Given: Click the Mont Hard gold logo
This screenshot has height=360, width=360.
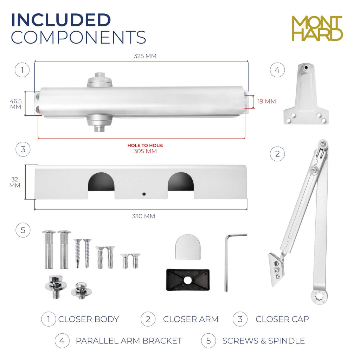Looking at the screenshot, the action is click(317, 28).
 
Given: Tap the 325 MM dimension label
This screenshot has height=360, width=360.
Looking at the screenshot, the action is click(145, 56).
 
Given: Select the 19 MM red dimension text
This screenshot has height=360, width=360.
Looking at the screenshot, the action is click(266, 101).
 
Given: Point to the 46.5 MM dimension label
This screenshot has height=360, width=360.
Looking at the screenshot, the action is click(15, 104).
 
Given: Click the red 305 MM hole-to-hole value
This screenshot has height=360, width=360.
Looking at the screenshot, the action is click(145, 151).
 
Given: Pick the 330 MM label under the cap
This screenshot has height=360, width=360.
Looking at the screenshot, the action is click(143, 216).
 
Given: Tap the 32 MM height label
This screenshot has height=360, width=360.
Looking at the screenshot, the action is click(15, 182).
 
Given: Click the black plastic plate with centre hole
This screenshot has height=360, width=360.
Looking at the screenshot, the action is click(188, 280).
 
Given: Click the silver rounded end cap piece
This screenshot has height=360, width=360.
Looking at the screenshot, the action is click(188, 247).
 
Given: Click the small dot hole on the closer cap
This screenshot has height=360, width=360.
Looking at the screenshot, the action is click(144, 194).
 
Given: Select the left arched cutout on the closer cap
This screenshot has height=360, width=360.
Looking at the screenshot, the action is click(101, 182).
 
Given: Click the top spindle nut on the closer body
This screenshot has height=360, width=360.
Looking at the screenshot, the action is click(99, 79).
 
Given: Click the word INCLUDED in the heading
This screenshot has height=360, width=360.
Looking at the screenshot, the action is click(61, 20).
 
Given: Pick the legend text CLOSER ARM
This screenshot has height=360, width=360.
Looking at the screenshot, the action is click(191, 319).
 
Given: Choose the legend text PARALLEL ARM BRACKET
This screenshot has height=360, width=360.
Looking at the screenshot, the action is click(129, 341).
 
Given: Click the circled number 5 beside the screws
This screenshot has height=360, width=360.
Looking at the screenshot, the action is click(23, 230).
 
